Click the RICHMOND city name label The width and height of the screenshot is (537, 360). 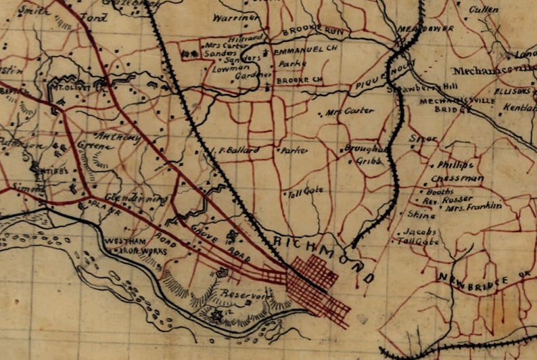(324, 258)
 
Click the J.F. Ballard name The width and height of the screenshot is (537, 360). (233, 150)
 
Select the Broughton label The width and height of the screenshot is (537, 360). (367, 149)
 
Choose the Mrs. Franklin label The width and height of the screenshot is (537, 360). (473, 207)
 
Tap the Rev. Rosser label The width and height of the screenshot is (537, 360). (444, 200)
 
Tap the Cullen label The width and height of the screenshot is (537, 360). (482, 9)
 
